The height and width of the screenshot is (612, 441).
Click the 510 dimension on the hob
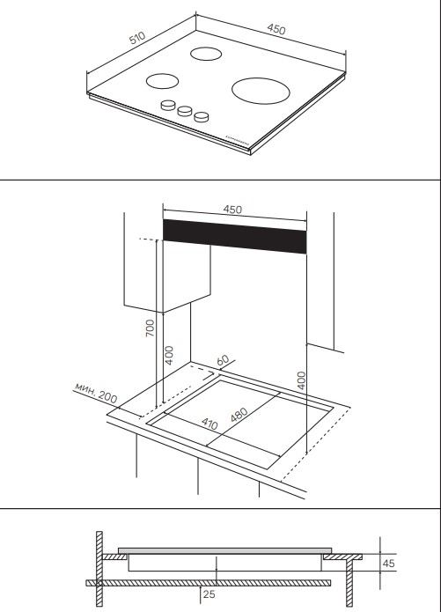click(137, 38)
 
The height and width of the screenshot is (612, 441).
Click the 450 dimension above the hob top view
click(276, 29)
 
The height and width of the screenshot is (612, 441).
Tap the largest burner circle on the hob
click(261, 91)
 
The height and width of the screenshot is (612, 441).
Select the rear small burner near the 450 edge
click(206, 54)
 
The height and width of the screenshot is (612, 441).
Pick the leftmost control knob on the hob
click(168, 105)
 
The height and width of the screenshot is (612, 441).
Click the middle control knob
click(185, 111)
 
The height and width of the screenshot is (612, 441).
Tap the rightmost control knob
click(202, 117)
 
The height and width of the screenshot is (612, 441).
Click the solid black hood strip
click(234, 236)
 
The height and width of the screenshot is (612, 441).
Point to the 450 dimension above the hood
click(232, 210)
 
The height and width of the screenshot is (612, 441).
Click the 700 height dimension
click(150, 328)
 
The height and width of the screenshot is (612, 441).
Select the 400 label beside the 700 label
click(169, 355)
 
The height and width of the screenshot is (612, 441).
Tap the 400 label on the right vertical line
click(302, 380)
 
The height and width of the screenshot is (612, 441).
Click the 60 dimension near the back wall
click(223, 360)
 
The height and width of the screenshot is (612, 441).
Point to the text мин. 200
click(96, 393)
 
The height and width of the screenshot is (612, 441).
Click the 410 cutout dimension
click(209, 424)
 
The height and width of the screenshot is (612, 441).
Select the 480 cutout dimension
click(239, 415)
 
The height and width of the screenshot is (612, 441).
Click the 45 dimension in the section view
click(388, 564)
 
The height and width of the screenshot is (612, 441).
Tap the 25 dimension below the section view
click(209, 594)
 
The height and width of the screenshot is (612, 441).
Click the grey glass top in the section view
click(224, 550)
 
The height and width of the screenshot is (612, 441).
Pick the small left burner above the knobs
click(162, 81)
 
